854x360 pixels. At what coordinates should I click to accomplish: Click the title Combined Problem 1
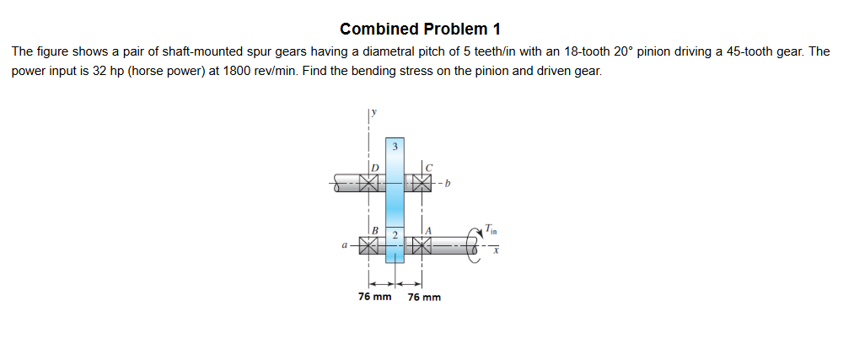426,29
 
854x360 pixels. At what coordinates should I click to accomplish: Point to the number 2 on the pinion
394,232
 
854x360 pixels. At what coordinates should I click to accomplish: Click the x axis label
497,250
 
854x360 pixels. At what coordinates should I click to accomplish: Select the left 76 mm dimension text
374,297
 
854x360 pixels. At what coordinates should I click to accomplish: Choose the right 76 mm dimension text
424,297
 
